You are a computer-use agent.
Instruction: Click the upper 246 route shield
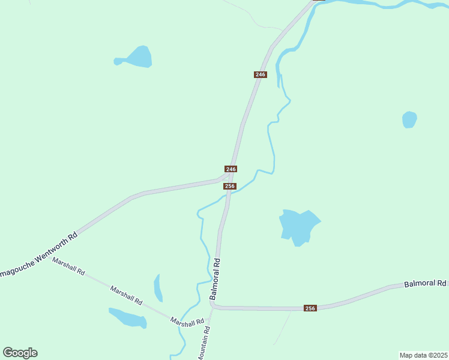coord(260,74)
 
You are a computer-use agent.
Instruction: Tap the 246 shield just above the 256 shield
coord(231,169)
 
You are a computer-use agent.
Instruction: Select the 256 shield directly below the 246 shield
coord(229,186)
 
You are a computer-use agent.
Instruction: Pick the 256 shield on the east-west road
coord(310,308)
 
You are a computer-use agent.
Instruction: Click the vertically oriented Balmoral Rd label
coord(215,279)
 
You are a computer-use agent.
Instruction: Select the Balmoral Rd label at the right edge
coord(425,283)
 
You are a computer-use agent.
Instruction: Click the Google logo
coord(20,353)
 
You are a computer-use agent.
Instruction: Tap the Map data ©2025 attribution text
coord(423,355)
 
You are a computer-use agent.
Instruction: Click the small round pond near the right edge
coord(409,119)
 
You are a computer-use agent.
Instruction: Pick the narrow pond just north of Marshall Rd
coord(158,288)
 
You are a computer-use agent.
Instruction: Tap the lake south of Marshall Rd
coord(128,317)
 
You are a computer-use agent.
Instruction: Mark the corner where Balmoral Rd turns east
coord(213,305)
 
